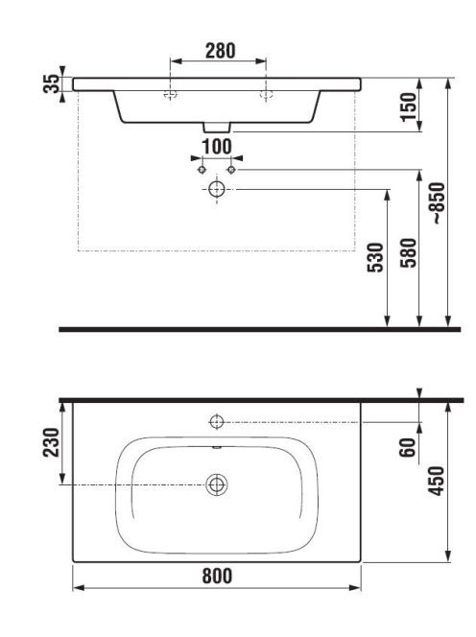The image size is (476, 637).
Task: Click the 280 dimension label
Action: tap(220, 51)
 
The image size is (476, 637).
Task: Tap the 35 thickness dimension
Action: tap(51, 83)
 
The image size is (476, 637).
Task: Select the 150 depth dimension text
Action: tap(409, 106)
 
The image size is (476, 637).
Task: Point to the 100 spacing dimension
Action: tap(217, 147)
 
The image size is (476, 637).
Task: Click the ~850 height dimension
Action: tap(439, 202)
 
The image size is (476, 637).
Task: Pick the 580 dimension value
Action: tap(409, 252)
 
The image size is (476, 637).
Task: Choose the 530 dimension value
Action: tap(375, 257)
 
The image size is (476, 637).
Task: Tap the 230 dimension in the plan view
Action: tap(51, 442)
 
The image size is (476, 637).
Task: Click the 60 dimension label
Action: tap(408, 448)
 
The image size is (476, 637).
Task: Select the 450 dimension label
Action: tap(437, 481)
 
